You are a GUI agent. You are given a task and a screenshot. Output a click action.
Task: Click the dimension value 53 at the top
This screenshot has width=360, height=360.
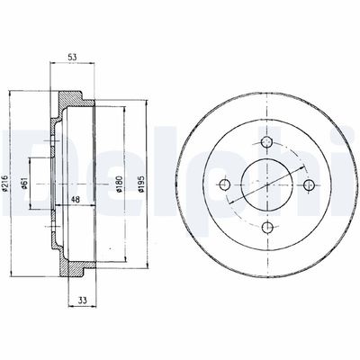click(73, 57)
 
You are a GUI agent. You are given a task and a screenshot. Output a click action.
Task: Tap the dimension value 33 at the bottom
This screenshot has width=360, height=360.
click(83, 300)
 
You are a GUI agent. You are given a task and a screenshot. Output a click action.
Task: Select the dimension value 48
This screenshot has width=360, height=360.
click(75, 200)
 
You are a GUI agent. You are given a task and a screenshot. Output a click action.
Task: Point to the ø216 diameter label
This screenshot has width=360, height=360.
click(4, 183)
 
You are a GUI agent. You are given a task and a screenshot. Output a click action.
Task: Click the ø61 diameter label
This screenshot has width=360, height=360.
click(25, 183)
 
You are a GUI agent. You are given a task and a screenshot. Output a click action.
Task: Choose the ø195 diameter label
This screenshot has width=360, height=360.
click(141, 184)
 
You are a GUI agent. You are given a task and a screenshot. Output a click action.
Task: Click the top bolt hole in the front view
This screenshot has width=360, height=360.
click(266, 142)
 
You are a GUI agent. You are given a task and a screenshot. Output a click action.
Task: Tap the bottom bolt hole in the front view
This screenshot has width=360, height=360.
click(267, 227)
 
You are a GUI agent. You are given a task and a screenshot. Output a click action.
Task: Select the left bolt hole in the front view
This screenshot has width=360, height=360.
click(224, 184)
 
